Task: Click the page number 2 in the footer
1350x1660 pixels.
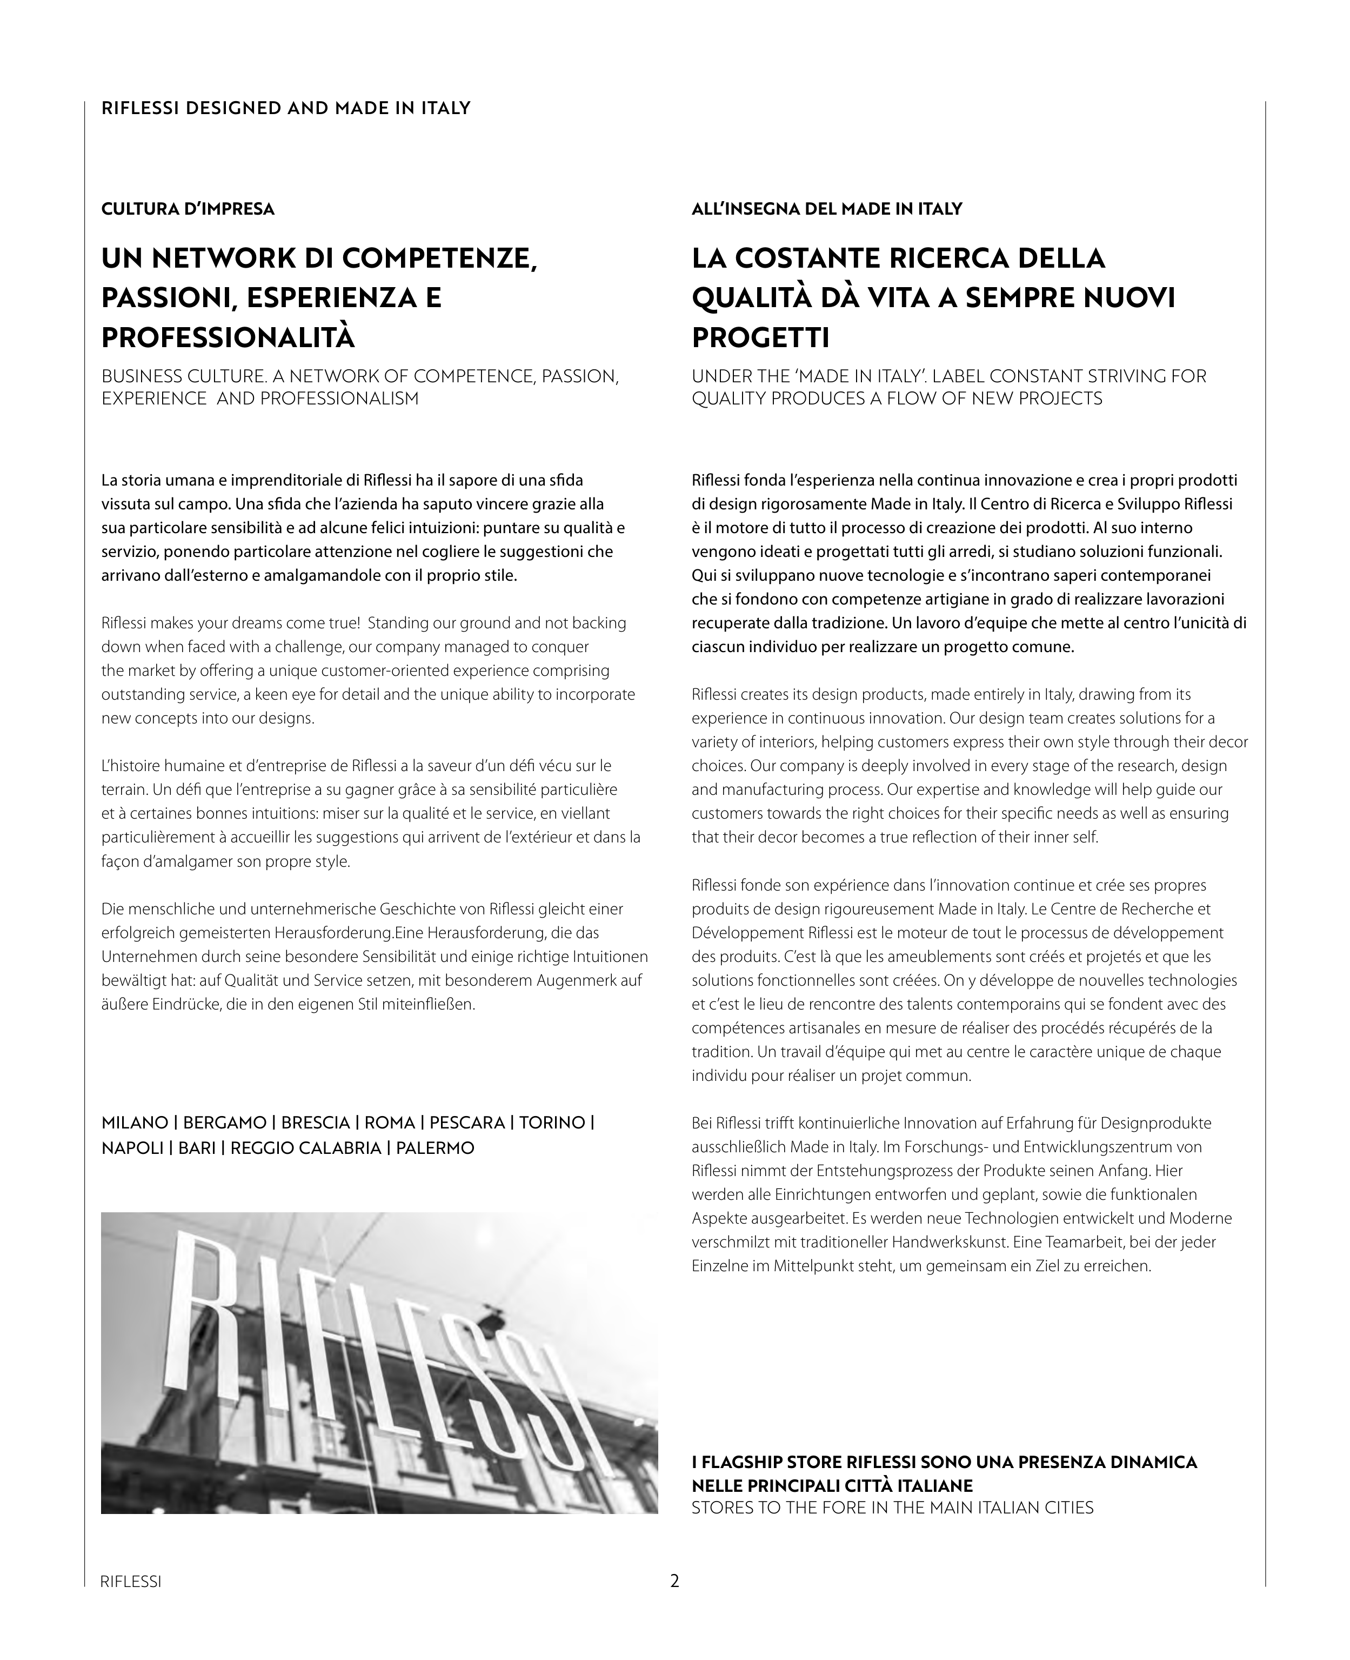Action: pos(674,1581)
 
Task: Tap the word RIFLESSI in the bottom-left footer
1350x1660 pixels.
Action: pos(131,1582)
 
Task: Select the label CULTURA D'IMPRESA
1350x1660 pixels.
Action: pos(188,209)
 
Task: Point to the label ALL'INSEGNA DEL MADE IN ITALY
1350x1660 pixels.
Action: pos(827,209)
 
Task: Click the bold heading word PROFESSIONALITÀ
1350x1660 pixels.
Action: pos(228,337)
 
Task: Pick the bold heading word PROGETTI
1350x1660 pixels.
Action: pos(760,337)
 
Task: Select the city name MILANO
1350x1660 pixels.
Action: pos(135,1123)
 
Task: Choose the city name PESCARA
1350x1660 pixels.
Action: pos(466,1123)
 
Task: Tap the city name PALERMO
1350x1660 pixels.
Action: pos(435,1148)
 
